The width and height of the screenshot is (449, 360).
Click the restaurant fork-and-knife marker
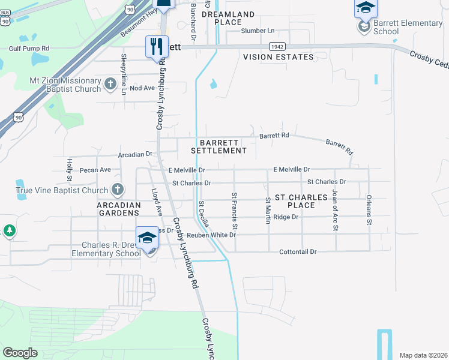pos(157,46)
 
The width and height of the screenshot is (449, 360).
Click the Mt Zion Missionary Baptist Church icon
pos(110,85)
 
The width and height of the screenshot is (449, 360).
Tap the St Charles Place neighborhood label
pos(301,201)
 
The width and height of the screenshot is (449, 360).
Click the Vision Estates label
pos(278,57)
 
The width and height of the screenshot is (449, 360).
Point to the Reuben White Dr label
pos(211,235)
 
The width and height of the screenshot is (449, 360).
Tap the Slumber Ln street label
pos(257,31)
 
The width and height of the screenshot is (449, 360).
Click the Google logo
pos(20,353)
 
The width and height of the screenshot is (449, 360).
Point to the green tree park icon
pos(9,230)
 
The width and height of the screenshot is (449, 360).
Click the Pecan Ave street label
pos(95,170)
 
